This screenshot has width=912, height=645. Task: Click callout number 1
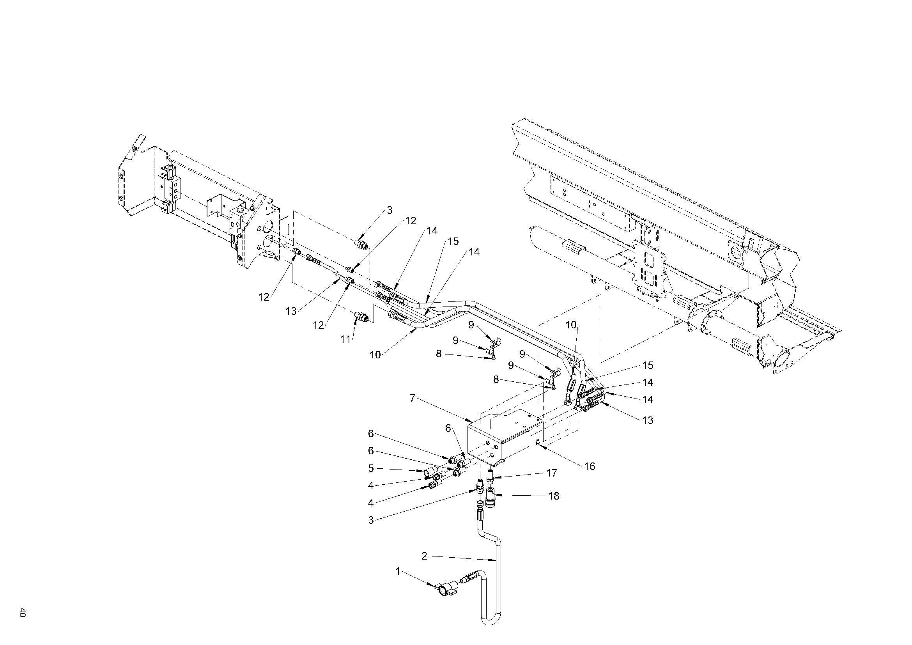398,572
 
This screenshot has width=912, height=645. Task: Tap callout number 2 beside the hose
424,556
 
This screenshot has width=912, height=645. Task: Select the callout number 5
371,468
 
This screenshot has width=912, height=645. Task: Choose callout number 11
345,339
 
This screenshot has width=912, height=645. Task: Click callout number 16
590,466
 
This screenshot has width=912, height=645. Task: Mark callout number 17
552,473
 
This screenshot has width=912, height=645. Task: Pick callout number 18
554,496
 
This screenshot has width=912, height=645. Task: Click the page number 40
23,612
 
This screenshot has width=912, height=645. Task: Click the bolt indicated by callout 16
537,443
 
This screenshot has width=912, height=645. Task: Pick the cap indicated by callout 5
428,472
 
